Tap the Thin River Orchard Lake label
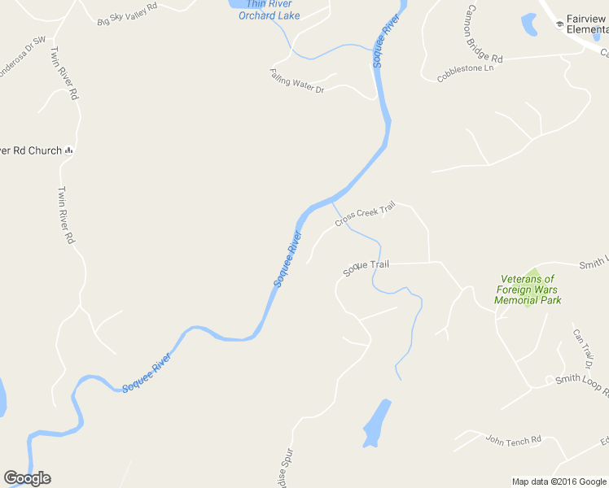coord(269,10)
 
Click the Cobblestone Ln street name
coord(466,74)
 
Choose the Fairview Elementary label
coord(586,24)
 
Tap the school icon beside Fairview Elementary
coord(559,24)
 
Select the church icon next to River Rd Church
coord(69,150)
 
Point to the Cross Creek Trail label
coord(365,214)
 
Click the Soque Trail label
coord(366,267)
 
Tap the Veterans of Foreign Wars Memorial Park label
coord(528,290)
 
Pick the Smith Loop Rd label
coord(581,383)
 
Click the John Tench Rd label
coord(513,441)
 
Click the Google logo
coord(27,478)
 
